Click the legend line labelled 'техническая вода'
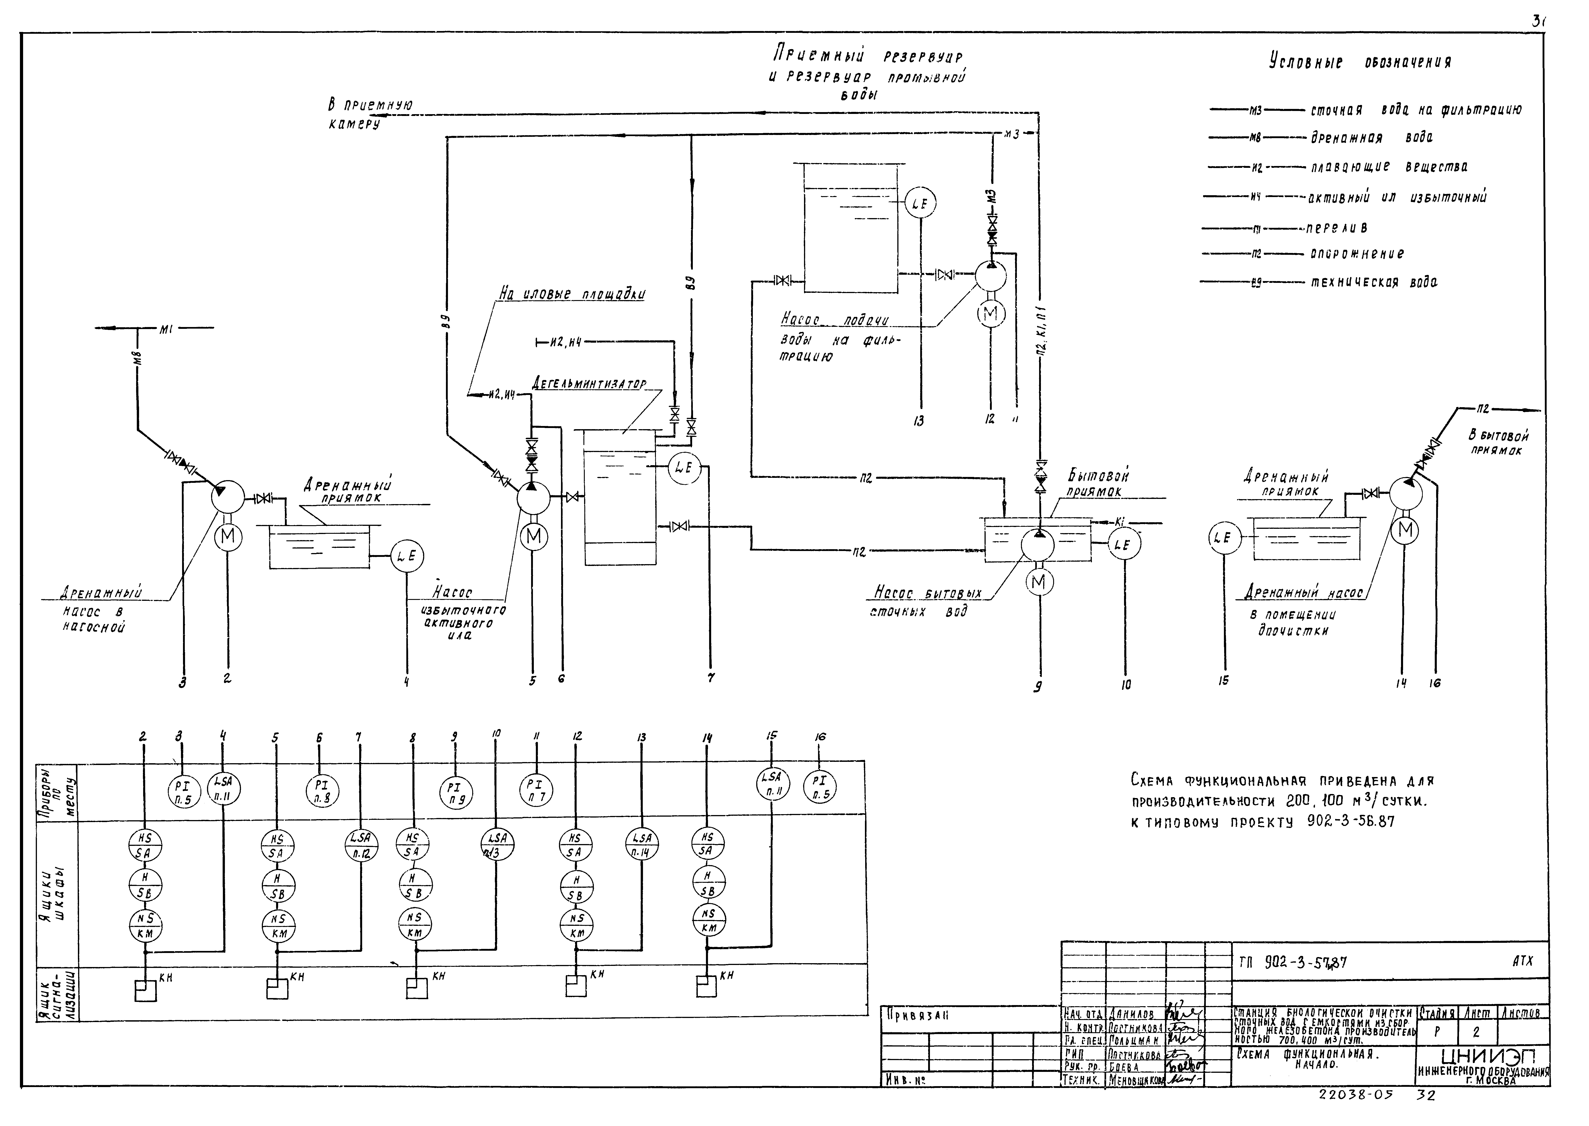coord(1373,282)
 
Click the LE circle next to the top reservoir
coord(920,203)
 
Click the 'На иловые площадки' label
coord(572,294)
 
